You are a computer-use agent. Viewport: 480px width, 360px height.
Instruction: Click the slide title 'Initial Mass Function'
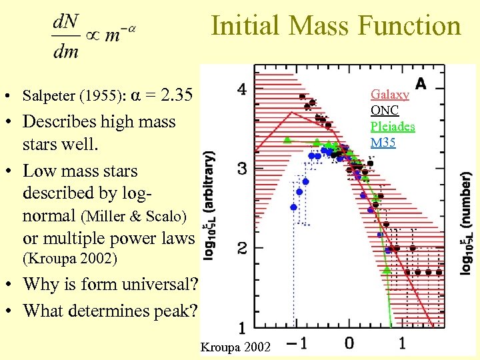point(336,26)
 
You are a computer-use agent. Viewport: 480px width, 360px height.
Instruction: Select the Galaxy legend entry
point(389,95)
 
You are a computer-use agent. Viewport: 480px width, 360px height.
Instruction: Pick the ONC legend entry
point(385,111)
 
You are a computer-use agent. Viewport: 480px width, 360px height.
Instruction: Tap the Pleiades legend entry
point(393,126)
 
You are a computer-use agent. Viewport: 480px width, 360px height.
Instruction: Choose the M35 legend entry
point(383,142)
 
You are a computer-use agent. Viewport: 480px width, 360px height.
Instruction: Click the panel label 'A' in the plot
point(421,83)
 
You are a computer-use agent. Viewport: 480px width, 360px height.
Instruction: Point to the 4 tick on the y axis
point(243,89)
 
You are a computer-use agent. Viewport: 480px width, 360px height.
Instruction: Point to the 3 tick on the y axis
point(243,169)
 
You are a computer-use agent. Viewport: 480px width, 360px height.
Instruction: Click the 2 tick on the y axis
point(243,249)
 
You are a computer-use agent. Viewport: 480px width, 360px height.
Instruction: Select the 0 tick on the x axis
point(349,343)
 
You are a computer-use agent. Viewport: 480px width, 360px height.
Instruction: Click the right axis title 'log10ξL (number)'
point(466,223)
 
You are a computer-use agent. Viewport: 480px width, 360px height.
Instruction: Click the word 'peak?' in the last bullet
point(176,311)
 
